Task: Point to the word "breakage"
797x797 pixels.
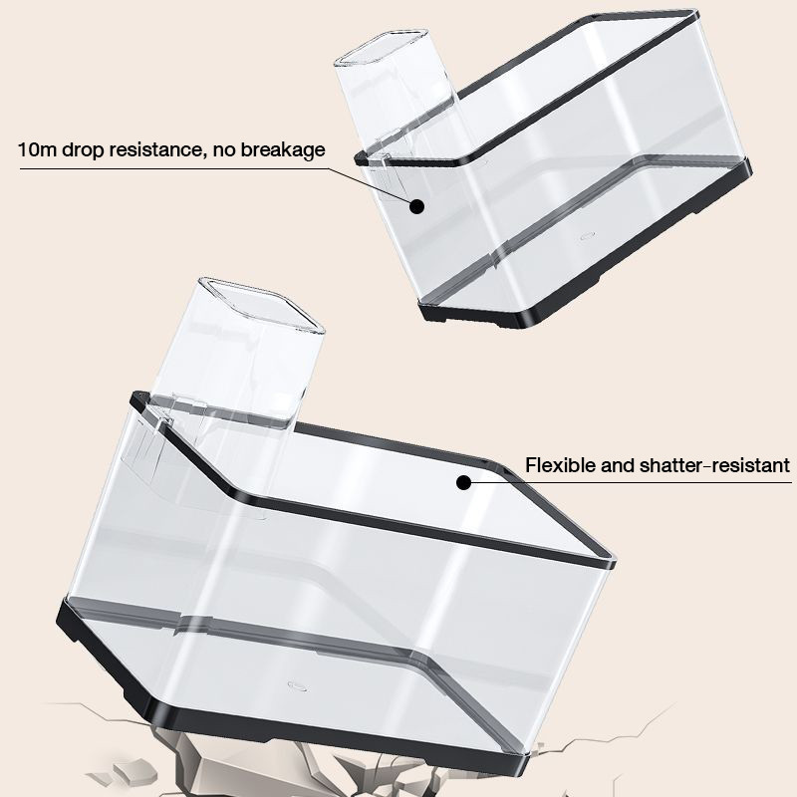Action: click(283, 151)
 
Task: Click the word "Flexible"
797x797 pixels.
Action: click(560, 465)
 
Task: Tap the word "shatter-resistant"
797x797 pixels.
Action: click(714, 465)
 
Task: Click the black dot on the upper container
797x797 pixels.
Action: click(416, 206)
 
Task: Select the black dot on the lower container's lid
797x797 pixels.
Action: click(463, 482)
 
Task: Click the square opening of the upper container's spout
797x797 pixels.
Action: click(380, 47)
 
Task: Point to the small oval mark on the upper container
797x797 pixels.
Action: click(588, 235)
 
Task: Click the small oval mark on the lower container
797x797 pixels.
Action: click(297, 686)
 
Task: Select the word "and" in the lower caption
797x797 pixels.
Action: click(617, 465)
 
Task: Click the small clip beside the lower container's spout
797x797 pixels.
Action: click(163, 422)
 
